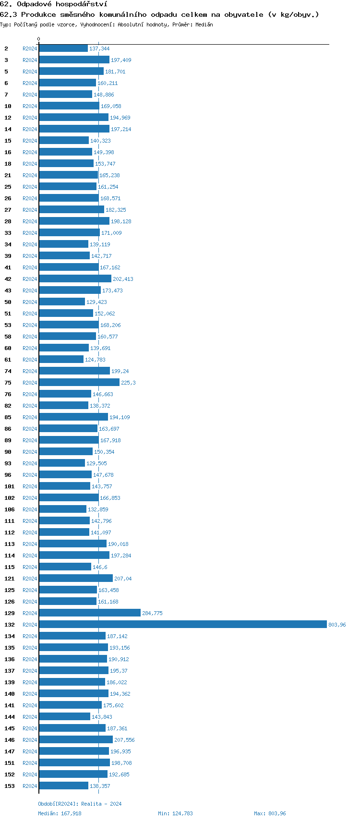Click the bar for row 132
182,624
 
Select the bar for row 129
90,613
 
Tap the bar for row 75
79,382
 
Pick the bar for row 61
61,359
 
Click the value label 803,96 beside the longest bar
337,625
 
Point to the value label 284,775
152,613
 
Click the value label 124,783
95,360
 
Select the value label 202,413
123,279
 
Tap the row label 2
6,48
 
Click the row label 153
10,786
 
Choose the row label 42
8,279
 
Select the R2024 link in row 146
30,740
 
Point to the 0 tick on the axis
39,39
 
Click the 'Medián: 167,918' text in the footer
60,813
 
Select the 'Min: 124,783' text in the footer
175,813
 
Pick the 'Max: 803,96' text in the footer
270,813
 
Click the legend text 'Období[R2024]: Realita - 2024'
80,804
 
